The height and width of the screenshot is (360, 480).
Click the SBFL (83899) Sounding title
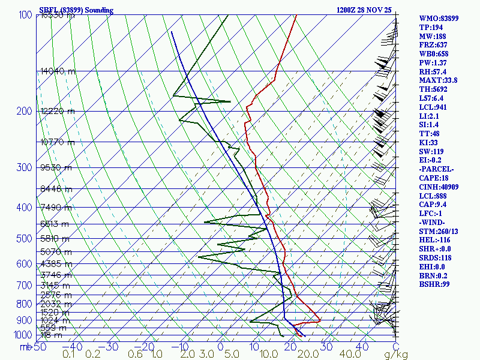click(x=76, y=10)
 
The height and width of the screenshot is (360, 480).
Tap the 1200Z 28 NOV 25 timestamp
click(x=364, y=10)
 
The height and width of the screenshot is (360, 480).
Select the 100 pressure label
click(x=25, y=15)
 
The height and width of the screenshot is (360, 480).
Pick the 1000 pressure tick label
click(x=23, y=335)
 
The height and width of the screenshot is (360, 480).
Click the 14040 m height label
click(x=58, y=71)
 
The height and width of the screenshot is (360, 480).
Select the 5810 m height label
click(x=56, y=239)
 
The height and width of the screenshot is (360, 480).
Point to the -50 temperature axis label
click(x=40, y=347)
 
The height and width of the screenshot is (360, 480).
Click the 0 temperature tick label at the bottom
click(x=221, y=347)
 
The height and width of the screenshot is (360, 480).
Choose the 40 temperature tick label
click(x=362, y=347)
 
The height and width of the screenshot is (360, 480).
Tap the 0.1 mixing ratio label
click(x=69, y=355)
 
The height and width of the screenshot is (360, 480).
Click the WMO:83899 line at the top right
click(x=439, y=19)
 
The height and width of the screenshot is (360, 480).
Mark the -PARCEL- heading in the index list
click(x=436, y=169)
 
